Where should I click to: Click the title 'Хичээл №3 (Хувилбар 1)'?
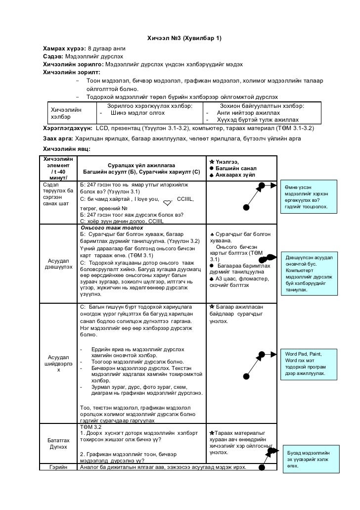185,39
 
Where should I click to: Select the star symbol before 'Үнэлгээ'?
212,161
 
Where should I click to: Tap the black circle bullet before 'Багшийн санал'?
211,168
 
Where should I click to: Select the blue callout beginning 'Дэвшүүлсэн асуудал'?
310,274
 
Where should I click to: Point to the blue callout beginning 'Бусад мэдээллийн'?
310,460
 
